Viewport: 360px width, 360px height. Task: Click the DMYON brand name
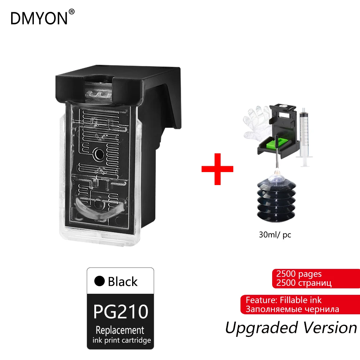(39, 18)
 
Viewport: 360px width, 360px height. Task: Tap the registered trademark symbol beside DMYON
(72, 12)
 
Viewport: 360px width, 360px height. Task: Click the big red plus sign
(217, 168)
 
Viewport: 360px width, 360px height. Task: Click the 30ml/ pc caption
(275, 235)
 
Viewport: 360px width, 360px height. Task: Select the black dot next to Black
(99, 282)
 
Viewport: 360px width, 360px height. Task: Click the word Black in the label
(122, 282)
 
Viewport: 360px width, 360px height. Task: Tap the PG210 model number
(120, 311)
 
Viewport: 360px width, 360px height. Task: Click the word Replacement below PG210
(120, 330)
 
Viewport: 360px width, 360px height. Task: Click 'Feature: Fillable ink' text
(284, 300)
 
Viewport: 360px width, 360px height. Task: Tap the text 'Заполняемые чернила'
(292, 309)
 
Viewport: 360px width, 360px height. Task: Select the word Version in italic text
(330, 327)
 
